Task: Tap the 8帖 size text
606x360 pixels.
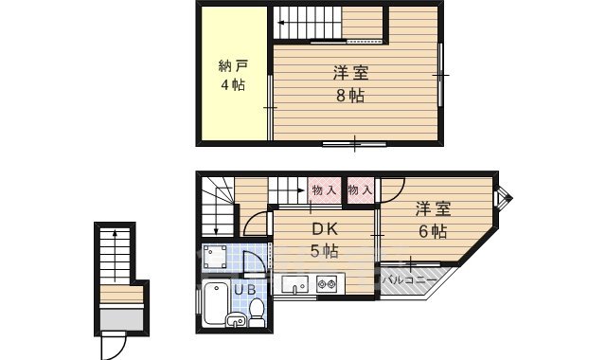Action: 349,95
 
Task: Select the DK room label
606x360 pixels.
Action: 325,230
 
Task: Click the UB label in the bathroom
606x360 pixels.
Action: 244,289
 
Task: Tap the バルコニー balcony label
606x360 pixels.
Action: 409,280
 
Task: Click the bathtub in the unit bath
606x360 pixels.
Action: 216,305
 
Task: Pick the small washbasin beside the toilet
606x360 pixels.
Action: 236,322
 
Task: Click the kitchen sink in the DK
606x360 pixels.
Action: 295,283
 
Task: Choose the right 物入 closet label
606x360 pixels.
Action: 359,190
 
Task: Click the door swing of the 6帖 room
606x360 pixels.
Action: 393,190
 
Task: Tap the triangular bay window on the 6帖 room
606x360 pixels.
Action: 504,198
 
